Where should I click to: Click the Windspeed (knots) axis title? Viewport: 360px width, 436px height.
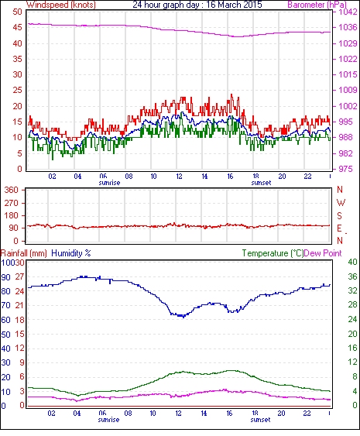[x=61, y=5]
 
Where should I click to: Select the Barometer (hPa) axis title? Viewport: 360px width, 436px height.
[x=317, y=5]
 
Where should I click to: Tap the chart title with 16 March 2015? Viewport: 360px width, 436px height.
[x=197, y=5]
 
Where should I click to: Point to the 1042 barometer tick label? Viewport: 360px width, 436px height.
[x=348, y=12]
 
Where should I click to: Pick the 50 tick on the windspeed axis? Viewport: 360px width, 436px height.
[x=17, y=12]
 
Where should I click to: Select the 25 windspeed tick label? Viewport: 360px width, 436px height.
[x=17, y=91]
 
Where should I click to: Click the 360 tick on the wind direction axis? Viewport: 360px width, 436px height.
[x=11, y=191]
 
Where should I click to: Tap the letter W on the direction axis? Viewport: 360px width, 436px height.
[x=341, y=203]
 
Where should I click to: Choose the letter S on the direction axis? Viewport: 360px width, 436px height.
[x=339, y=216]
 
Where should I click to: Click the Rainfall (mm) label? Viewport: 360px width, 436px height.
[x=24, y=253]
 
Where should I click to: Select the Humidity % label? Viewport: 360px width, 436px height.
[x=71, y=253]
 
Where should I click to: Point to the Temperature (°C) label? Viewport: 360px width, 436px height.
[x=273, y=253]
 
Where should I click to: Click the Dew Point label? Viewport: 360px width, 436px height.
[x=323, y=253]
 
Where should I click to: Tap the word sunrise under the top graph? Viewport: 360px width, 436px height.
[x=109, y=183]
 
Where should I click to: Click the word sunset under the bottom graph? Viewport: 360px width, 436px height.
[x=260, y=420]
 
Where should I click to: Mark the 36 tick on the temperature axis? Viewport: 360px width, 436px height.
[x=353, y=276]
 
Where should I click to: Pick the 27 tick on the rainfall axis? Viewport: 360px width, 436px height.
[x=19, y=277]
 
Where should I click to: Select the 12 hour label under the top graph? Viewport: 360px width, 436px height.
[x=179, y=177]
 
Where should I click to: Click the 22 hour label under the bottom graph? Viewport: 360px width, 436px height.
[x=307, y=414]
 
